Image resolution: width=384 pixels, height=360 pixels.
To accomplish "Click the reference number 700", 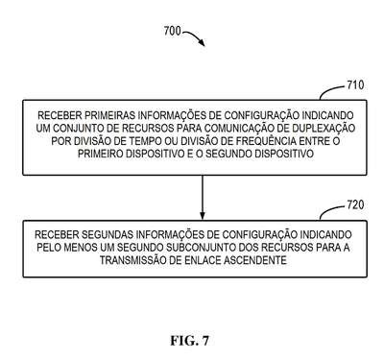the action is [x=172, y=31].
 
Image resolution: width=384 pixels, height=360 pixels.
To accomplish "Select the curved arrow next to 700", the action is [x=194, y=36].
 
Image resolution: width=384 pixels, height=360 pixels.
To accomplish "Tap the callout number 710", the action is [x=355, y=85].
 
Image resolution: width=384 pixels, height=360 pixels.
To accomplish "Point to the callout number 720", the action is [x=355, y=204].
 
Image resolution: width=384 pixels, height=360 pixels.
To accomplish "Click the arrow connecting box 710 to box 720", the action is [x=203, y=198].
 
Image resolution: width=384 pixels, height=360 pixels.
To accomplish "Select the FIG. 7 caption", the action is [x=189, y=341].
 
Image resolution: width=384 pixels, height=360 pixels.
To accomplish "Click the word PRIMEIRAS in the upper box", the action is [x=109, y=115].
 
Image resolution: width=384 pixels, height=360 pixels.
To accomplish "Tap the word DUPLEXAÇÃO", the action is [x=324, y=128].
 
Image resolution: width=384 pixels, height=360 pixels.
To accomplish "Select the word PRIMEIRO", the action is [x=100, y=154].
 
